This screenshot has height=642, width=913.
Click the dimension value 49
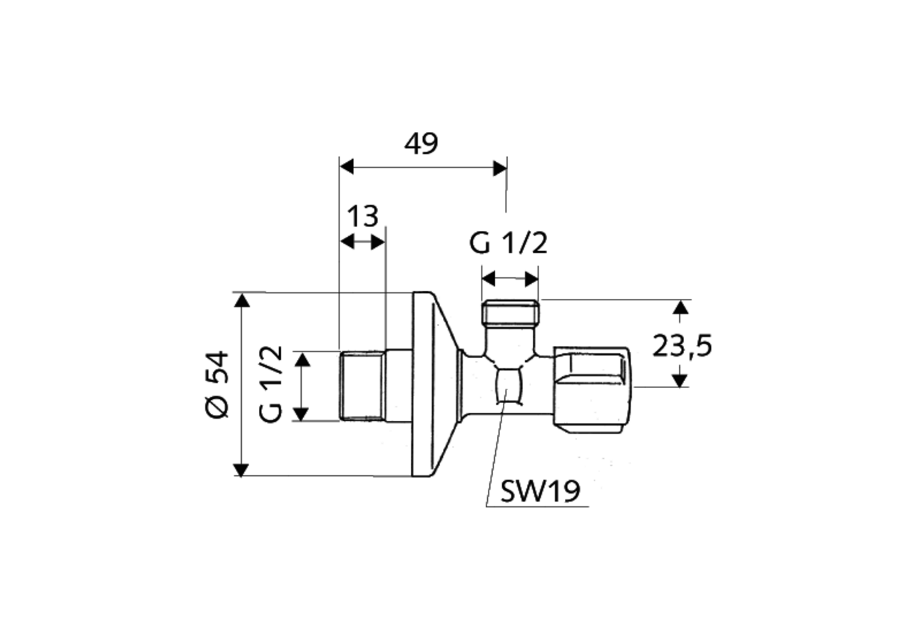click(421, 143)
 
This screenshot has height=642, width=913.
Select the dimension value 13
click(362, 216)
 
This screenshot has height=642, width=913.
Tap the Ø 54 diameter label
click(217, 384)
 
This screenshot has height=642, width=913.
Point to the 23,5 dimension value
click(682, 347)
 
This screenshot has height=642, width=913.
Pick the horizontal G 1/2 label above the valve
click(508, 244)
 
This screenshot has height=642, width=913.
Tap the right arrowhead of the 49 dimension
click(499, 167)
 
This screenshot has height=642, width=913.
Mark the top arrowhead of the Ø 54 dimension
click(242, 300)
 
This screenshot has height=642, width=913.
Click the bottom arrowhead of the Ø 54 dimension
click(242, 469)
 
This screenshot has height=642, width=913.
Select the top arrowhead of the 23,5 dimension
click(681, 307)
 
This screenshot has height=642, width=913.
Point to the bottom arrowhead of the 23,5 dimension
click(681, 380)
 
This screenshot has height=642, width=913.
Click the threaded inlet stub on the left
click(362, 385)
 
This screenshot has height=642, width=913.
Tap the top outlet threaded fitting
click(510, 313)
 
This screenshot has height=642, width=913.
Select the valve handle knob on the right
click(593, 390)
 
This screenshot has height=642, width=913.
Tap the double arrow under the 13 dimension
click(362, 242)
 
